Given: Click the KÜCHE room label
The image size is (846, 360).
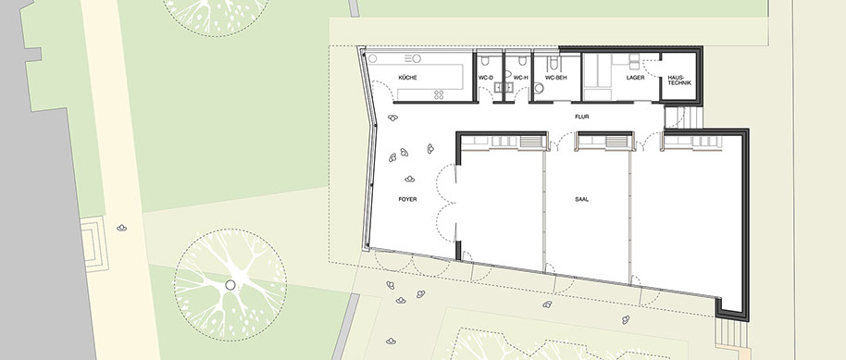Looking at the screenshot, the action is click(407, 78).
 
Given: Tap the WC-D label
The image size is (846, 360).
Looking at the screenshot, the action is click(486, 78).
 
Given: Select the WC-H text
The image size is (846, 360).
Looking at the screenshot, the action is click(520, 78).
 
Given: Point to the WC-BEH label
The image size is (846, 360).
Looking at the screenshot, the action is click(555, 78).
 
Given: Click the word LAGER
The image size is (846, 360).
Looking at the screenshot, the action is click(636, 78).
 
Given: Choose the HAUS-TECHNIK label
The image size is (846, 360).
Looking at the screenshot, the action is click(678, 80).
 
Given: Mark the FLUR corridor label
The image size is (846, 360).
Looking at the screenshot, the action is click(580, 116).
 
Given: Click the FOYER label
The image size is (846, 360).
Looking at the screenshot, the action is click(407, 199).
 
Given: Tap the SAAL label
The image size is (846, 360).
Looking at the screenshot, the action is click(581, 199).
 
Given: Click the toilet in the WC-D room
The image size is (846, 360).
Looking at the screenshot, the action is click(486, 59).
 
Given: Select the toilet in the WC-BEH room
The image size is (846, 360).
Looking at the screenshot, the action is click(553, 62).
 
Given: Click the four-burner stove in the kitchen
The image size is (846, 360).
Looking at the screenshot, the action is click(439, 95).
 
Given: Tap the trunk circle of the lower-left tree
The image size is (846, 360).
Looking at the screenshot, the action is click(230, 285).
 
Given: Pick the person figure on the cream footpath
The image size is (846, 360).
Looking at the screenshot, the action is click(122, 228).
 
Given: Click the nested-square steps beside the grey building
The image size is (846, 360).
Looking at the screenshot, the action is click(94, 244).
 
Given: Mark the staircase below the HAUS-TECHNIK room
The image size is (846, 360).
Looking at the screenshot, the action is click(684, 118).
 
